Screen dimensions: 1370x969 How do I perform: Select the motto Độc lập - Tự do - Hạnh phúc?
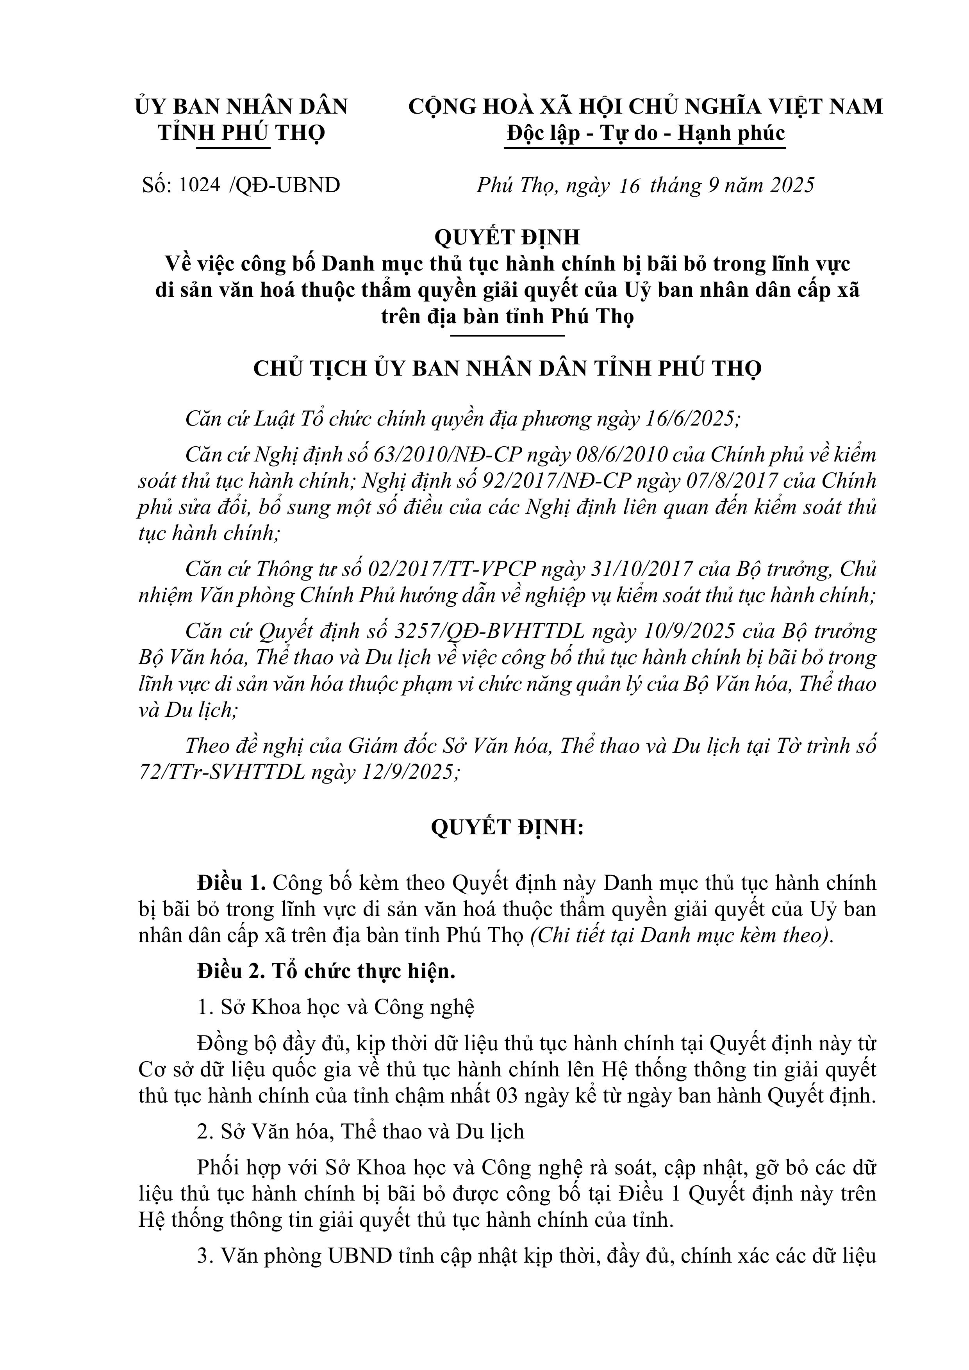[x=645, y=133]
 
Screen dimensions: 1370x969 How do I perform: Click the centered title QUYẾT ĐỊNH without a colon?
[x=507, y=237]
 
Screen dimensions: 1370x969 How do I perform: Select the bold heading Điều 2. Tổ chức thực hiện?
[x=326, y=971]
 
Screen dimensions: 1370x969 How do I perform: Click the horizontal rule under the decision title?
[x=507, y=336]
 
